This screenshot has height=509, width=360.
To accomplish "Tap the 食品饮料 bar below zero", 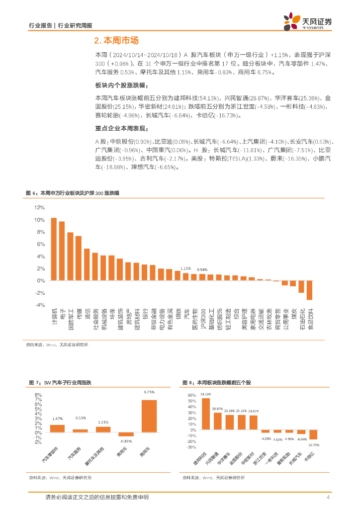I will click(x=309, y=290).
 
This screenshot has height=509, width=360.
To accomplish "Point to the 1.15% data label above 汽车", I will click(x=185, y=268).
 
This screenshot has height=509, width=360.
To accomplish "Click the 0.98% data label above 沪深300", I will click(x=202, y=269).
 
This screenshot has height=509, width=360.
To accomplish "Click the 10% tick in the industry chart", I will click(x=39, y=220).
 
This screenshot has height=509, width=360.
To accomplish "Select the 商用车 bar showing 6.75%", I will click(x=149, y=416).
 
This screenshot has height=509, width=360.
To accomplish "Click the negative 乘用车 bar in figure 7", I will click(x=126, y=434).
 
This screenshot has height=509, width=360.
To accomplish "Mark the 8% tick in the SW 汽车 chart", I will click(x=38, y=395).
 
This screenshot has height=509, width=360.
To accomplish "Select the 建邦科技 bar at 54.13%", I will click(x=205, y=414).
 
